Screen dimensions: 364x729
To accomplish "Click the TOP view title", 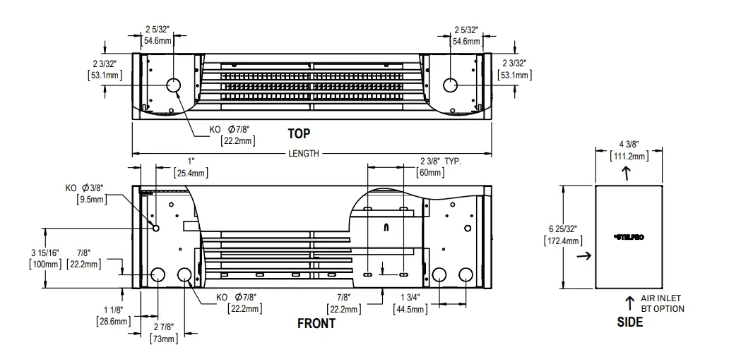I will tap(298, 133).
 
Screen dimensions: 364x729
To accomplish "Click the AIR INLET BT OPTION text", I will tap(662, 303).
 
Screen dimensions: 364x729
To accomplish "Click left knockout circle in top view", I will tap(173, 86).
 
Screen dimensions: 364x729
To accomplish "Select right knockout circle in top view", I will tap(451, 86).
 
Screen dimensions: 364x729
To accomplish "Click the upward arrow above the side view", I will tap(628, 174).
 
